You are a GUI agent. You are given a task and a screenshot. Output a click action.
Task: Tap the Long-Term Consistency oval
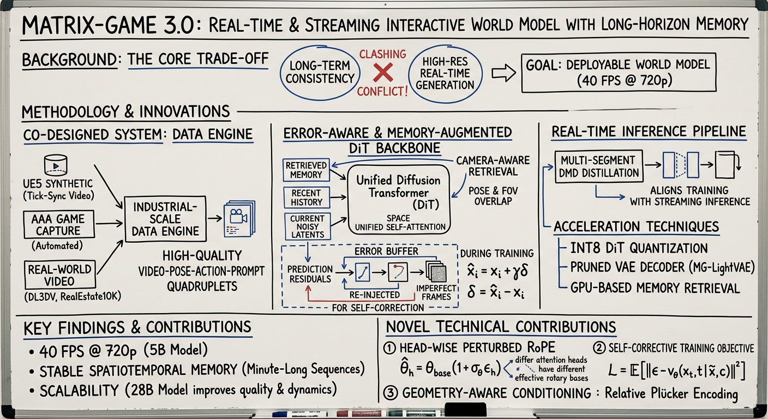[x=319, y=72]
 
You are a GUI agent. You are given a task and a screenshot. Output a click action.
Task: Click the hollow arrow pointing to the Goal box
[x=503, y=74]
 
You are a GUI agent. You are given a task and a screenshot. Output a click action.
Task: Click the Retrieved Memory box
[x=305, y=170]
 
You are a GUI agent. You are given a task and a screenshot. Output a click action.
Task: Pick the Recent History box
[x=307, y=197]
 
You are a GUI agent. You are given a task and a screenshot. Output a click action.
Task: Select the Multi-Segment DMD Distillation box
[x=598, y=166]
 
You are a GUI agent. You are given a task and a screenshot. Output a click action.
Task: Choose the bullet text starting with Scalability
[x=189, y=390]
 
